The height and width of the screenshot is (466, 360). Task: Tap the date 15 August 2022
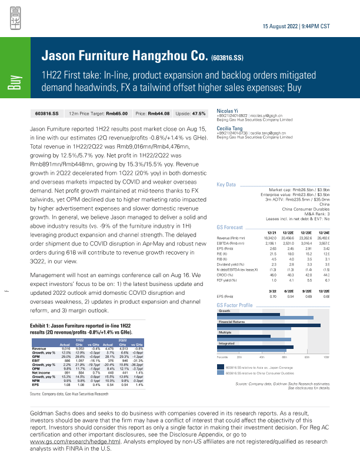[282, 28]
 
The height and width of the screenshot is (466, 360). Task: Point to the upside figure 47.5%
[199, 112]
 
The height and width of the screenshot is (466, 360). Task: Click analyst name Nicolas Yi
[227, 110]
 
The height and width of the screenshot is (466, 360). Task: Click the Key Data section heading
[226, 185]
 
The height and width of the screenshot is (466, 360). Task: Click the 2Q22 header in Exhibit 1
[119, 340]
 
